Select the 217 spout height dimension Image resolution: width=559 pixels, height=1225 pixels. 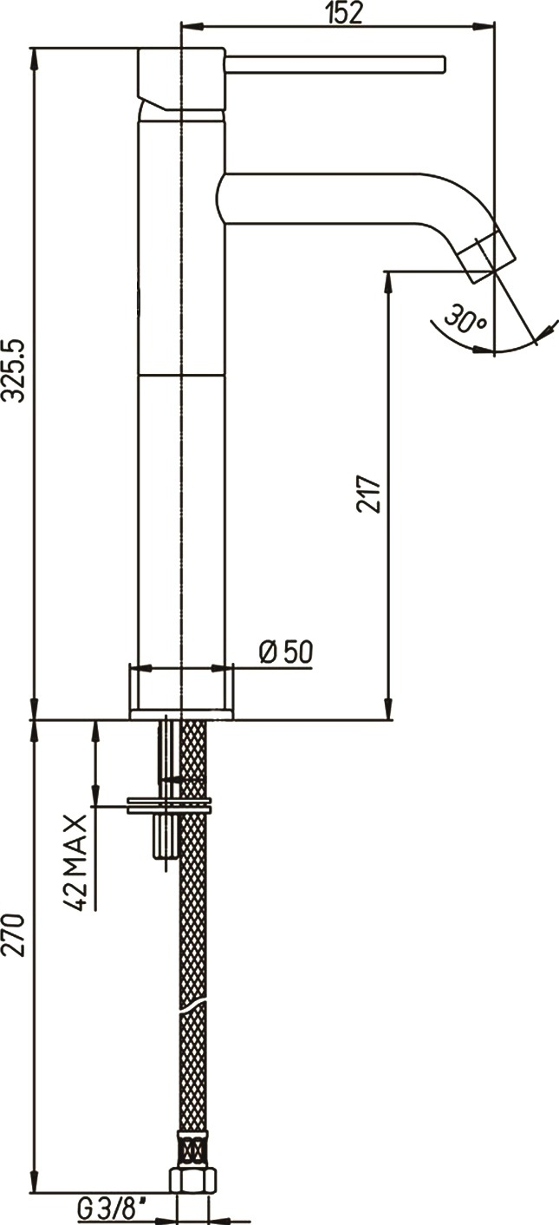click(x=368, y=494)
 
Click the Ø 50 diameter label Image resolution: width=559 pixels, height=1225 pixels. click(x=286, y=652)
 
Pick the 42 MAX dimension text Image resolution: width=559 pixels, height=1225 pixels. click(x=75, y=862)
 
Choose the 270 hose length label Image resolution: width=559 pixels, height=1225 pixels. click(x=14, y=934)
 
